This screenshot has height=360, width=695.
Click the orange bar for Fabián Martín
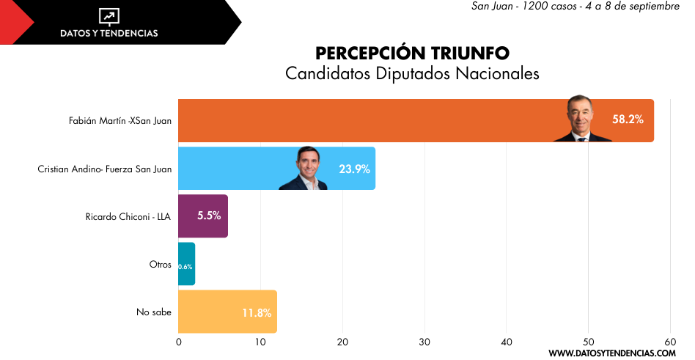pos(367,120)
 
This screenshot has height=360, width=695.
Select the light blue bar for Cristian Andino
pos(235,169)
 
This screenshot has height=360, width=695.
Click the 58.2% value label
pos(628,119)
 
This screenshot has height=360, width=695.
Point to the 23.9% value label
pos(354,169)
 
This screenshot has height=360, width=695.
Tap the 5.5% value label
pos(209,216)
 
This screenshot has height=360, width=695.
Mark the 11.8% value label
pos(257,313)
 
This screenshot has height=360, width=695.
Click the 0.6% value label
pos(185,267)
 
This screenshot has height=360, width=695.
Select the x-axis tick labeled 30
pos(424,342)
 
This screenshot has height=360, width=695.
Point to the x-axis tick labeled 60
pos(669,342)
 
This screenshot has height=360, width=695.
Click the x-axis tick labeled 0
pos(179,342)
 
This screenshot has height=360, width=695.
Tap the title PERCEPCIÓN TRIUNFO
pos(412,54)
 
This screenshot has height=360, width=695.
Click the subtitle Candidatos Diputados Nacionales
pos(412,73)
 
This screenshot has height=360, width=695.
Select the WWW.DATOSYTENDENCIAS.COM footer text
pos(611,353)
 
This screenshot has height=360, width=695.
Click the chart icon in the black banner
pos(109,17)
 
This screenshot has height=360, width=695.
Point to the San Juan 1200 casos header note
pos(575,7)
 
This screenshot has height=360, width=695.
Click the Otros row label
pos(160,264)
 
